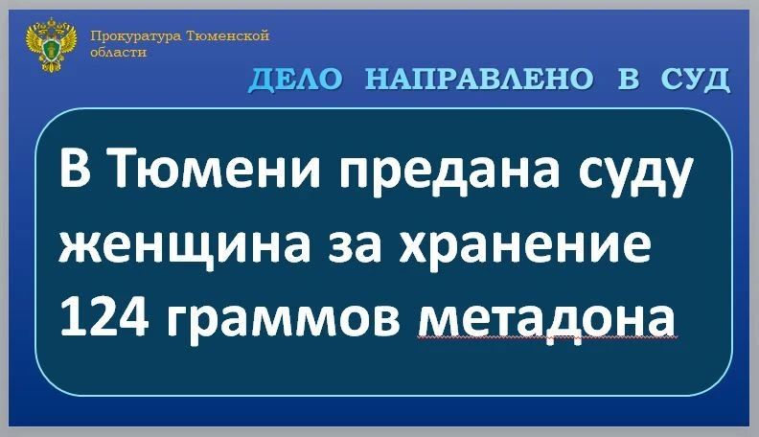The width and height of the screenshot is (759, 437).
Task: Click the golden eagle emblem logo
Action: pos(52,45)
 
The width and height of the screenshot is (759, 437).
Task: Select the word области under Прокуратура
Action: pos(118,53)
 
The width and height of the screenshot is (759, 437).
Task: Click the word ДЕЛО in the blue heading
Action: pos(296,80)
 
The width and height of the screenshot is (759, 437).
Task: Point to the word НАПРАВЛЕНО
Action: pos(479,79)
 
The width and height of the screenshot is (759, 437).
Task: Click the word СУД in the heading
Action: pos(695,80)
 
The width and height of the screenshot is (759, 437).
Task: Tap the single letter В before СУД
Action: pos(628,79)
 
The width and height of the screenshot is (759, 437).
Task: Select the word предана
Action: pos(448,171)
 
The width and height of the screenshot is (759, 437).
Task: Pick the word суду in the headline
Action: pos(635,175)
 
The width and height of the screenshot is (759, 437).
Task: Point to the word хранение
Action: pos(525,246)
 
